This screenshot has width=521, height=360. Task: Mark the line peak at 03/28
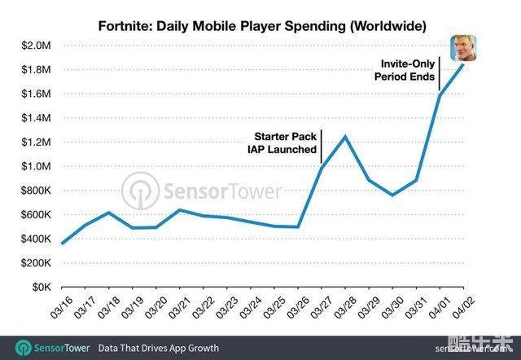346,136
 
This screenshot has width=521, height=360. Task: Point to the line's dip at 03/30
393,195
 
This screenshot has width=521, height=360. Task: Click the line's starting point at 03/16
63,244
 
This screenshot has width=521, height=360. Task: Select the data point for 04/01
440,95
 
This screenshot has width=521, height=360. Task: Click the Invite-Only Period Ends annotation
403,69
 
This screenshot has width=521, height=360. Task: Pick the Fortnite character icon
464,50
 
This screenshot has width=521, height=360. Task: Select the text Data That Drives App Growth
159,348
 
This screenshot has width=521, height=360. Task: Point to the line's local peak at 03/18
110,213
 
